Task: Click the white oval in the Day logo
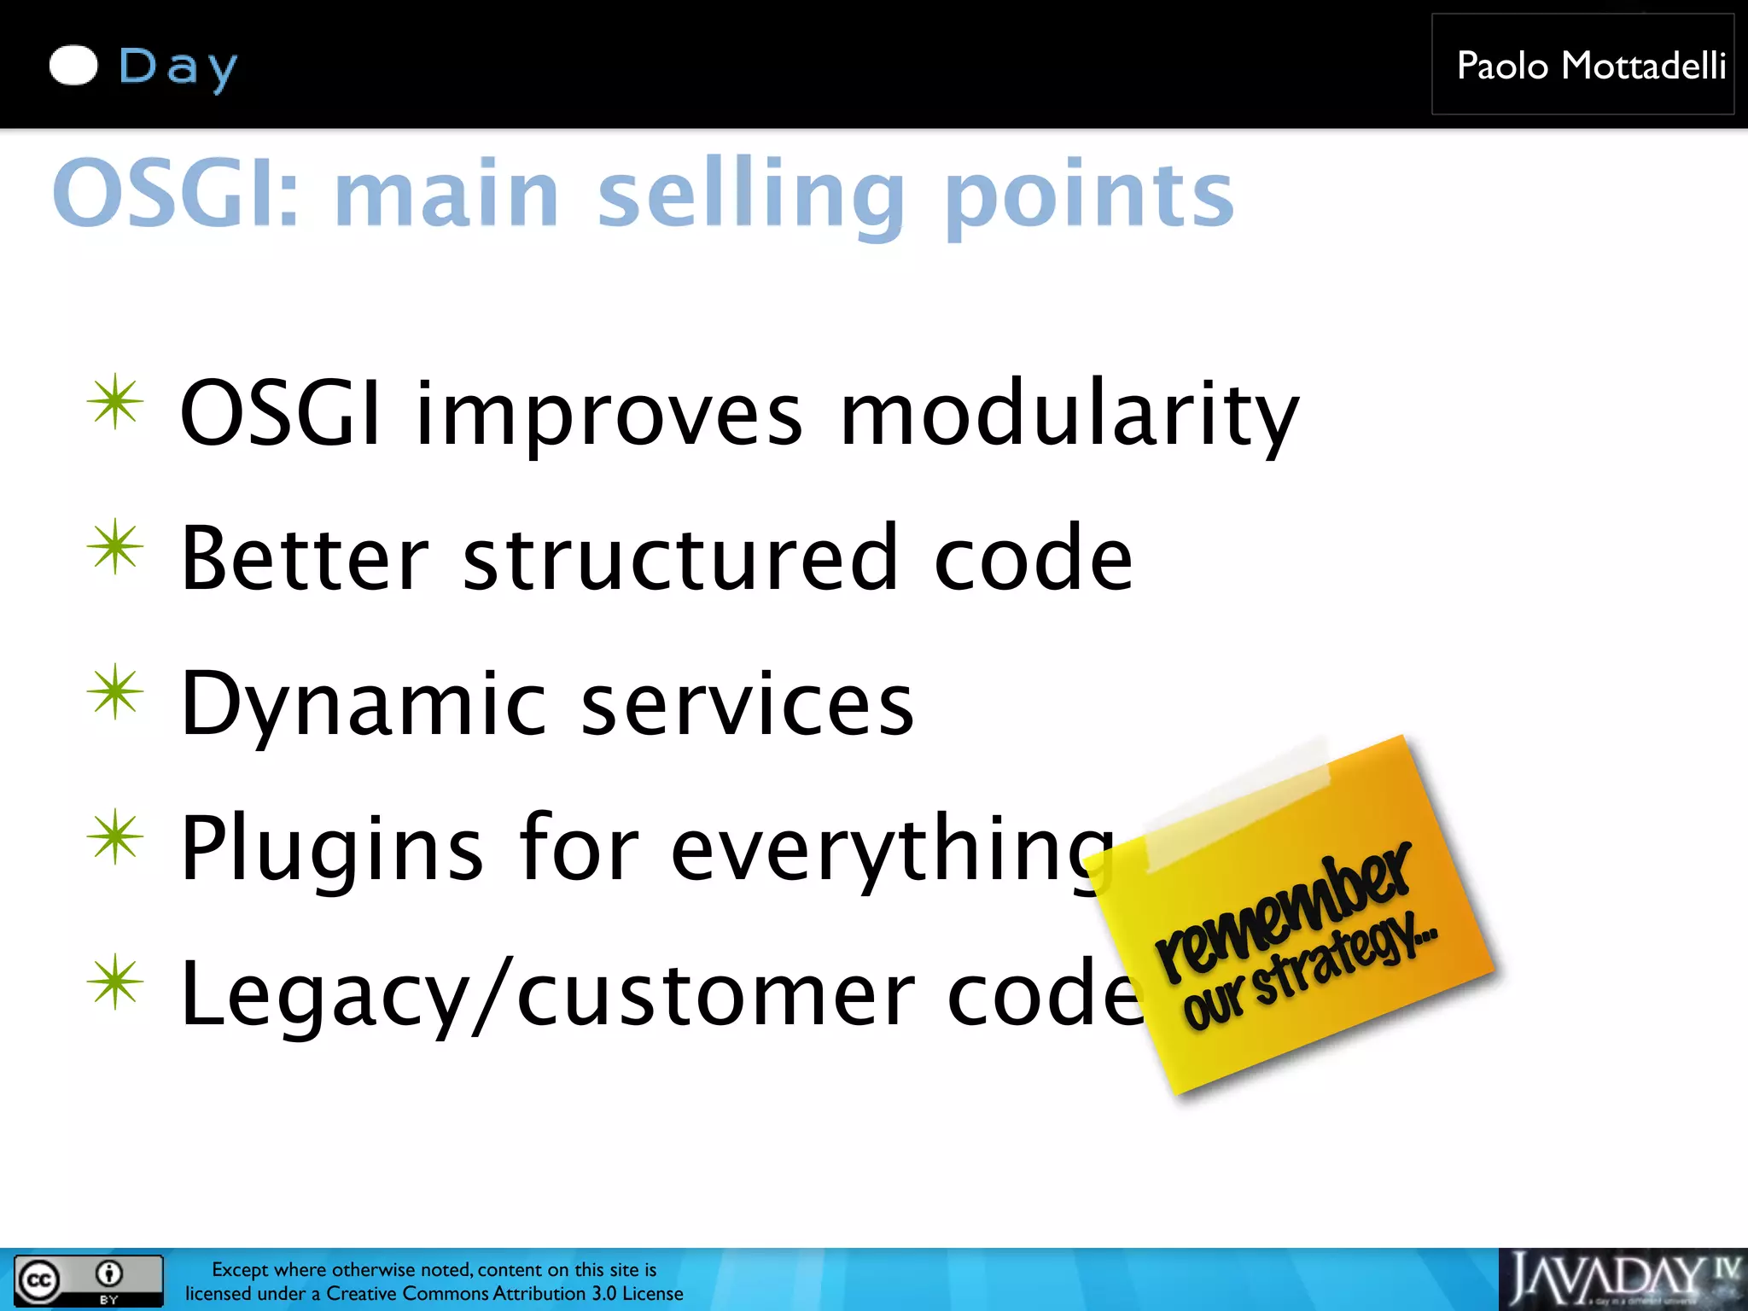click(x=73, y=66)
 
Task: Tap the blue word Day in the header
click(x=178, y=67)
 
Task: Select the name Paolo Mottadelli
click(x=1591, y=66)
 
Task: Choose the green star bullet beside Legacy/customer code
click(x=115, y=982)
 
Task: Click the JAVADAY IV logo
click(x=1622, y=1279)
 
